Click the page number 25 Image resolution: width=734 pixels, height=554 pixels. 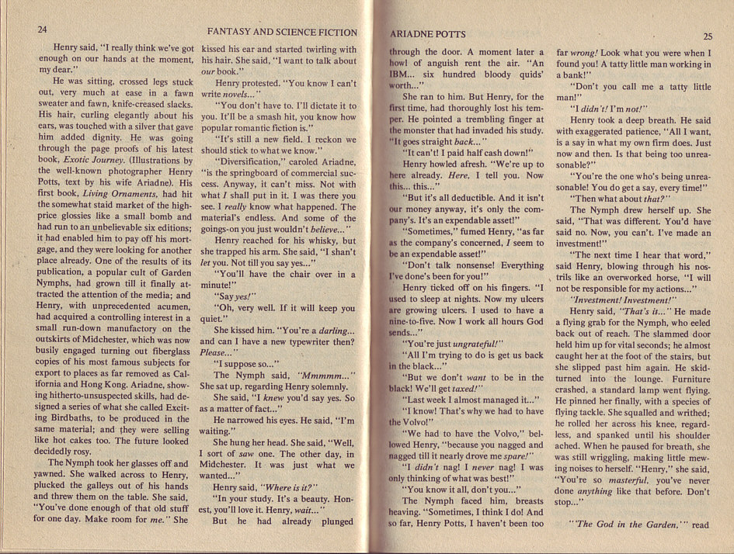[x=708, y=36]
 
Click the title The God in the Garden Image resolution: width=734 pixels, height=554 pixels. [x=625, y=525]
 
